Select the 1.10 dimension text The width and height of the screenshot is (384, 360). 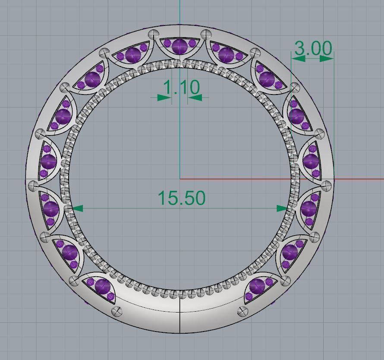tap(181, 88)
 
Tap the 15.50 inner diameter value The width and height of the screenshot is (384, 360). tap(181, 198)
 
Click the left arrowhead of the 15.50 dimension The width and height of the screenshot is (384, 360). tap(77, 208)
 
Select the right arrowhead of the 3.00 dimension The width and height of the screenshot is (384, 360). tap(327, 58)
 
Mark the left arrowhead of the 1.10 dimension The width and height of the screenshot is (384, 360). tap(164, 98)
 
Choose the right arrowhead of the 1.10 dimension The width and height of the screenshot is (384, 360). tap(195, 98)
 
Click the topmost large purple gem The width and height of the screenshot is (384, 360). tap(179, 46)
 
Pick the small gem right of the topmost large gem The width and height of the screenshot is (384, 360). tap(192, 44)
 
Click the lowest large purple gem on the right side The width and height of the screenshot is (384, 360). tap(258, 285)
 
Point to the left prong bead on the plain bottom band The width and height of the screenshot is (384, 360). tap(116, 311)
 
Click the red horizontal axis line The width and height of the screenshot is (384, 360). tap(354, 179)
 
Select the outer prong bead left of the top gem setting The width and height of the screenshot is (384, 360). tap(153, 34)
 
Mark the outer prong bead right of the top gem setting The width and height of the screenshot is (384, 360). tap(207, 34)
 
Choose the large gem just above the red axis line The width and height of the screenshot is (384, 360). tap(311, 161)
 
